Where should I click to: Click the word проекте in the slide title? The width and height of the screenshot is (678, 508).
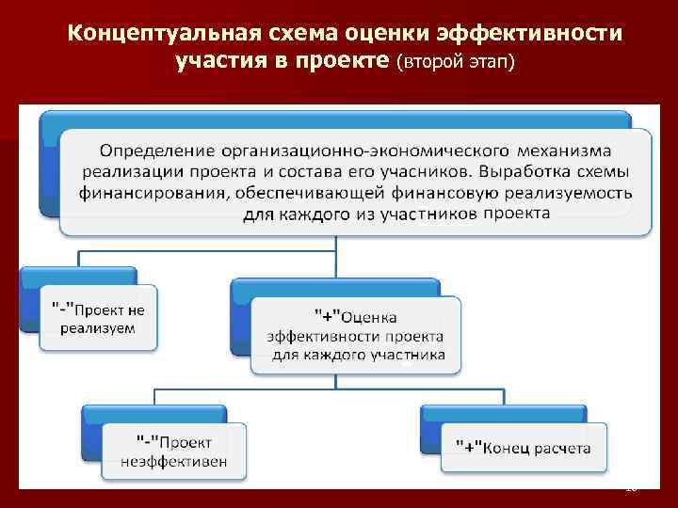343,63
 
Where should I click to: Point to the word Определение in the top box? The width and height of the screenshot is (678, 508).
156,151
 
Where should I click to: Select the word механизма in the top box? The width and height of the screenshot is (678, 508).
565,151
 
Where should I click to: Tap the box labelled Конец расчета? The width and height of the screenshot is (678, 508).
523,448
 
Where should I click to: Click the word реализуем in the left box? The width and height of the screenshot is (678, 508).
97,328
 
